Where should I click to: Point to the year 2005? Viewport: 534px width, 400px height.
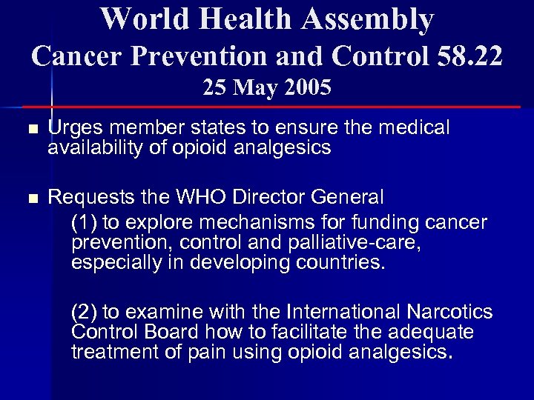tap(305, 88)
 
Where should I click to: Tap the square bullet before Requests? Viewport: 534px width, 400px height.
tap(30, 199)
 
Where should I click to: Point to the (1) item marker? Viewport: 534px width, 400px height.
tap(85, 222)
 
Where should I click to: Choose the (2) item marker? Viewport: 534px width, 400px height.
tap(85, 311)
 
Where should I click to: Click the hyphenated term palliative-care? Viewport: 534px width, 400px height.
tap(334, 243)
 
